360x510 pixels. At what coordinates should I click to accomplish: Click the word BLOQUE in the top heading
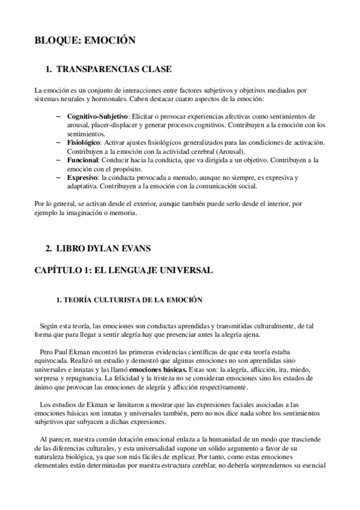[x=57, y=40]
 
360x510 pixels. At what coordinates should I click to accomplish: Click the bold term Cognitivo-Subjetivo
[x=98, y=115]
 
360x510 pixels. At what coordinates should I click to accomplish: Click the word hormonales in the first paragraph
[x=106, y=98]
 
